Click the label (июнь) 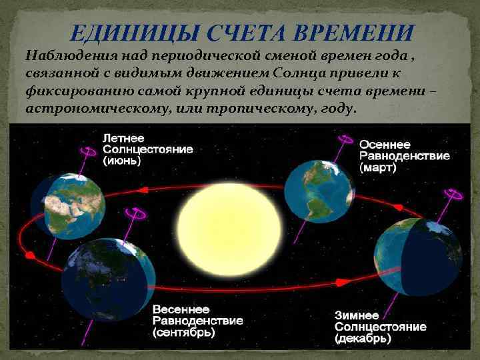[122, 161]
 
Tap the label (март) [377, 169]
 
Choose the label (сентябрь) [183, 332]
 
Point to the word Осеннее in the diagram [385, 144]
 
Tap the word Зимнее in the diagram [357, 316]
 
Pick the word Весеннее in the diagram [181, 309]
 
